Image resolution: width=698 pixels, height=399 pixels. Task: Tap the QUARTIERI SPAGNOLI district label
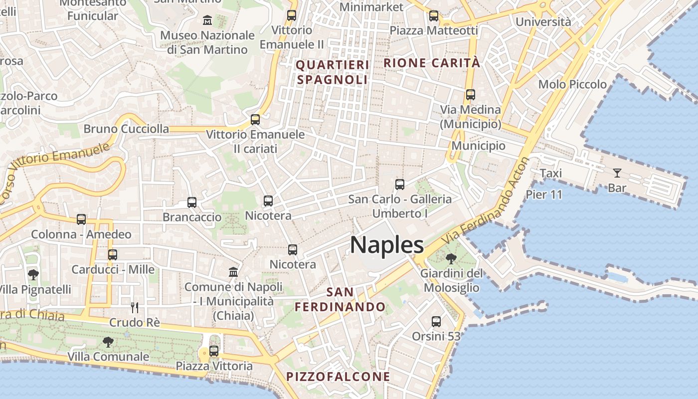tap(333, 72)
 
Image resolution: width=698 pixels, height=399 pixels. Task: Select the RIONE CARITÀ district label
tap(432, 63)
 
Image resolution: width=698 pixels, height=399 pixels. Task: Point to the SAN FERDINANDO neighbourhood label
tap(340, 299)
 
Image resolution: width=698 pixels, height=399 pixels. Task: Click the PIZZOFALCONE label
tap(338, 377)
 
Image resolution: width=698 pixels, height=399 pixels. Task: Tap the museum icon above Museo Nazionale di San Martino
tap(207, 20)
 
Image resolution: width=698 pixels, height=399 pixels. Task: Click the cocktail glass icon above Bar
tap(617, 173)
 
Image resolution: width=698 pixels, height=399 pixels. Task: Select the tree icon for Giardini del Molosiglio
tap(451, 259)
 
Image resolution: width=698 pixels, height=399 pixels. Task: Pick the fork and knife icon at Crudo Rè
tap(134, 307)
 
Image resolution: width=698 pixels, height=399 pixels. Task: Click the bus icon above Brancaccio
tap(192, 202)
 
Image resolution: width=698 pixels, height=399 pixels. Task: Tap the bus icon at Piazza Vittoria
tap(214, 351)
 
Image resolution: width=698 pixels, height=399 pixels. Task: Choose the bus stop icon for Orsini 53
tap(436, 322)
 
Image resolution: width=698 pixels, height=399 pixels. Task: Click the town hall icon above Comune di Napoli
tap(233, 272)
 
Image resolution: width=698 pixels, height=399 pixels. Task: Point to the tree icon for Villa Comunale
tap(108, 342)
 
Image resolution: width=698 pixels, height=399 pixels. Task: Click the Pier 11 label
tap(544, 195)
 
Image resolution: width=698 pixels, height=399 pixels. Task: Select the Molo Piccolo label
tap(572, 84)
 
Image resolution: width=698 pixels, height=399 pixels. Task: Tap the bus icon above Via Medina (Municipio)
tap(470, 95)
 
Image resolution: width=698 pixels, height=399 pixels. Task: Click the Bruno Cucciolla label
tap(126, 129)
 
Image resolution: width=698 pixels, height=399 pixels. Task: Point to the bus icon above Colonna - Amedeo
tap(81, 219)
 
